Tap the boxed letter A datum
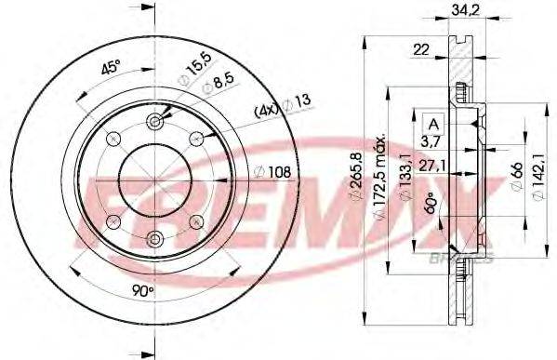coord(432,121)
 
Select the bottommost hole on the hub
coord(154,238)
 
